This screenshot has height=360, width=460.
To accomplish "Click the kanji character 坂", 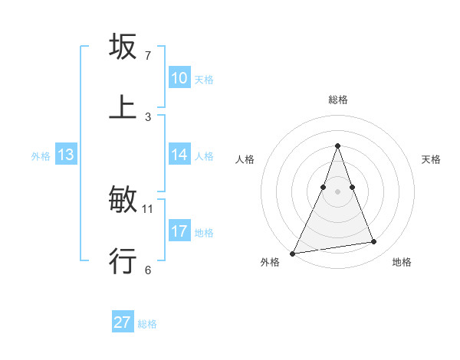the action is point(123,47).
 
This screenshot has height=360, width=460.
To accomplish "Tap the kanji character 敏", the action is point(123,200).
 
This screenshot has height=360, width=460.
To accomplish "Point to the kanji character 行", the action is point(123,260).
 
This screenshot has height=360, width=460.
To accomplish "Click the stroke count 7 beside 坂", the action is point(148,56).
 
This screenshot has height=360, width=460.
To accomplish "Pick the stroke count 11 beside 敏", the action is point(148,208).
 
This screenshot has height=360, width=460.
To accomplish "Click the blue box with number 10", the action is point(179,79).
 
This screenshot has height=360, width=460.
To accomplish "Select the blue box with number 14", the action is point(179,155).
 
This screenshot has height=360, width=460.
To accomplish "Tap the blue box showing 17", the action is point(179,231).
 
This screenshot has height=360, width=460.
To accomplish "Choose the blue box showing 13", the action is point(66,155).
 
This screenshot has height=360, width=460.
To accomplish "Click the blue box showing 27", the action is point(123,322).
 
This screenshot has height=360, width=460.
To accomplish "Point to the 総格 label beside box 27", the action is point(147,324).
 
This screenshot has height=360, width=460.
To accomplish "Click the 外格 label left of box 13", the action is point(41,156).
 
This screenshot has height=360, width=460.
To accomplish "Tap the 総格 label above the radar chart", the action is point(337,100).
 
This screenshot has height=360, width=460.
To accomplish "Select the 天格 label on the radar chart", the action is point(432,159).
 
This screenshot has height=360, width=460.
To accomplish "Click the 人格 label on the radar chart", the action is point(245,159).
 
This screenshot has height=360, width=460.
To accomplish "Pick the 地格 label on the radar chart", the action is point(402,262).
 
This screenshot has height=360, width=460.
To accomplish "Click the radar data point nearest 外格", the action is point(293,253).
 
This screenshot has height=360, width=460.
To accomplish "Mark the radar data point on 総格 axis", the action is point(337,146).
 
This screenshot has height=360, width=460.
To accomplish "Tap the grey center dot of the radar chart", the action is point(337,191).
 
